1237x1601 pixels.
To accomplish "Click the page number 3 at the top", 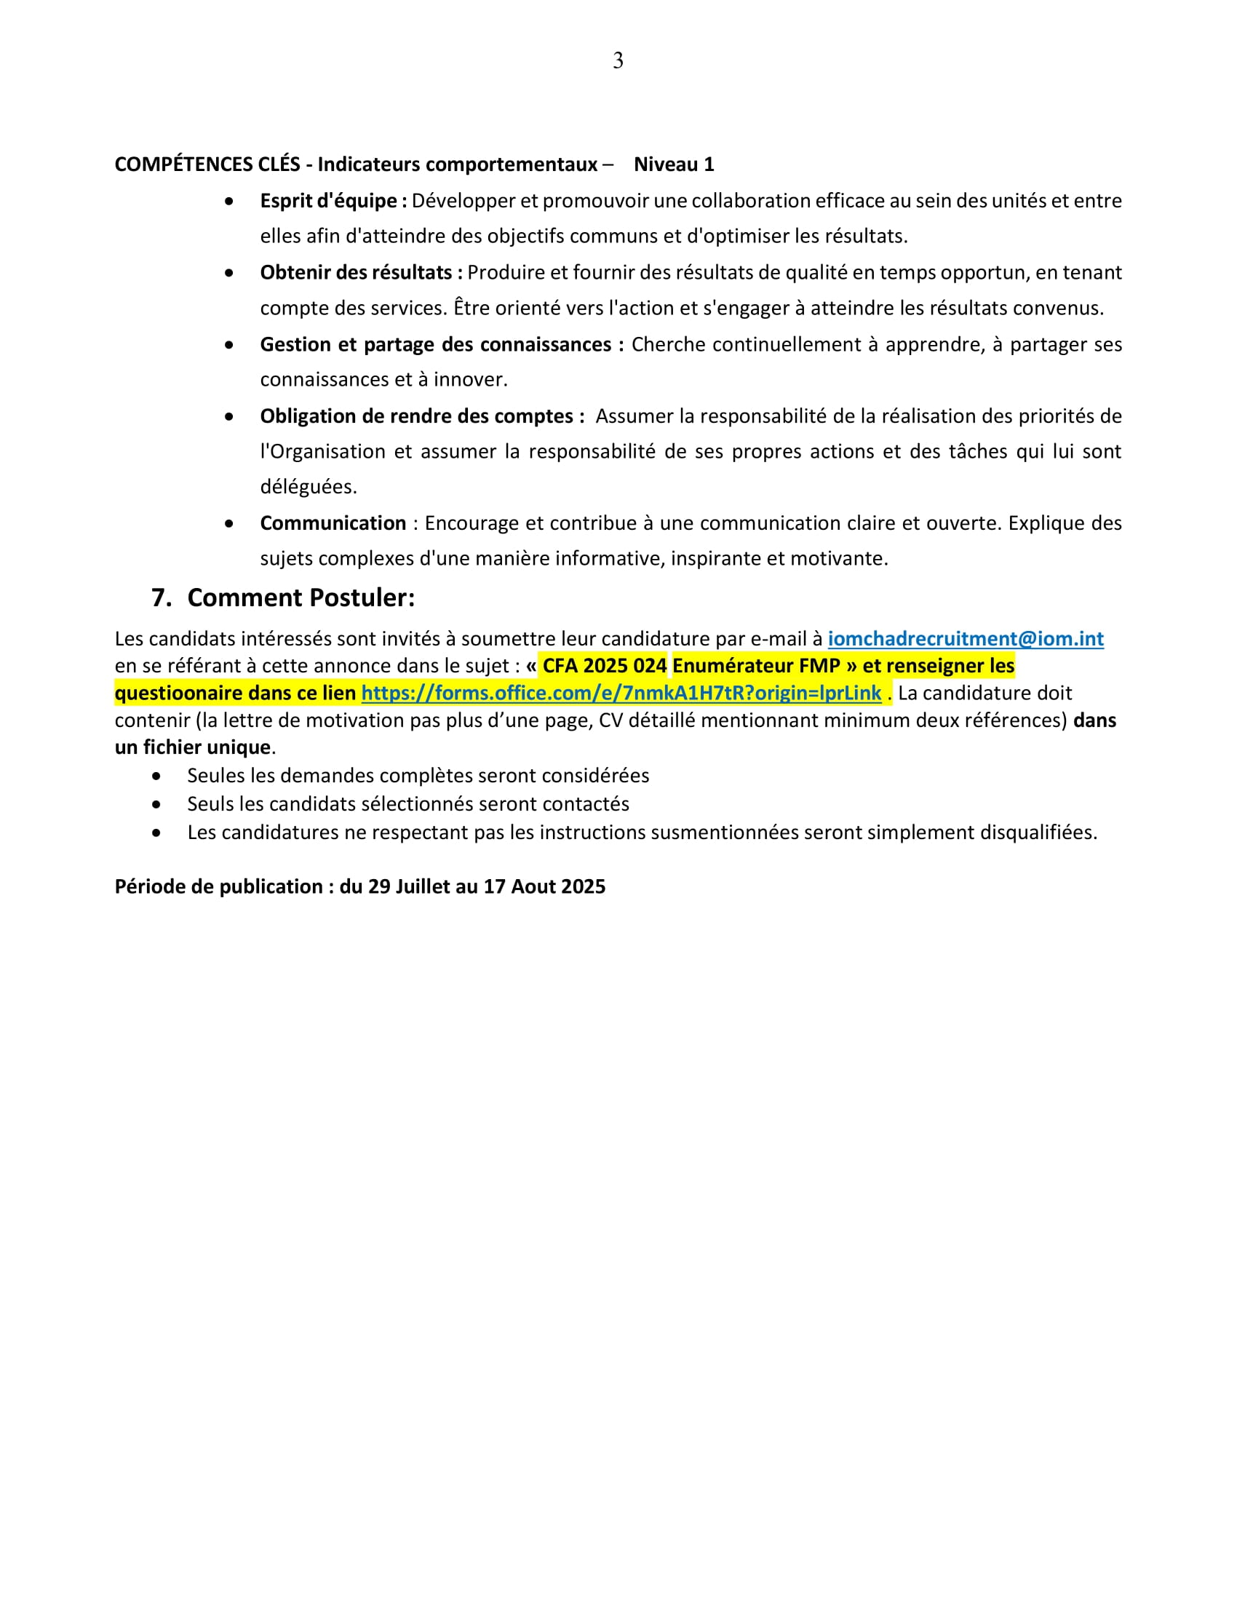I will pos(618,61).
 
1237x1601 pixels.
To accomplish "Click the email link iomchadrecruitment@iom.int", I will pos(965,638).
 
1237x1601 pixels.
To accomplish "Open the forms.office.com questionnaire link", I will pos(621,693).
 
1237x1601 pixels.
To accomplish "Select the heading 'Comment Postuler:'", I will pos(301,597).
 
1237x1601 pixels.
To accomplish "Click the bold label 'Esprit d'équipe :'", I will pos(333,201).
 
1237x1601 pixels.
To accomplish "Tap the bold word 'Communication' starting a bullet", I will pos(333,523).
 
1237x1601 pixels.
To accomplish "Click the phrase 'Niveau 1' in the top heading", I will pos(674,164).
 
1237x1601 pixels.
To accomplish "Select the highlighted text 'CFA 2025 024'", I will pos(605,666).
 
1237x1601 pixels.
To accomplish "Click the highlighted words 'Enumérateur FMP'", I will pos(755,666).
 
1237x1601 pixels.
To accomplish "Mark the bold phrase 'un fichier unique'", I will pos(193,747).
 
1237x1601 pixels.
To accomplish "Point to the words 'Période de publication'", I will pos(218,886).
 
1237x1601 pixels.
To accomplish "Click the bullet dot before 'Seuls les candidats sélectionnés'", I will pos(156,804).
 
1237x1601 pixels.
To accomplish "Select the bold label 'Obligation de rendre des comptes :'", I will pos(422,416).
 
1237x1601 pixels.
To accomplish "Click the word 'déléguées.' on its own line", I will pos(309,487).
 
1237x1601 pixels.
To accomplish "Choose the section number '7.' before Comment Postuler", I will pos(162,597).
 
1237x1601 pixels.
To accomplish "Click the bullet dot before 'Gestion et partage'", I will pos(229,344).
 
